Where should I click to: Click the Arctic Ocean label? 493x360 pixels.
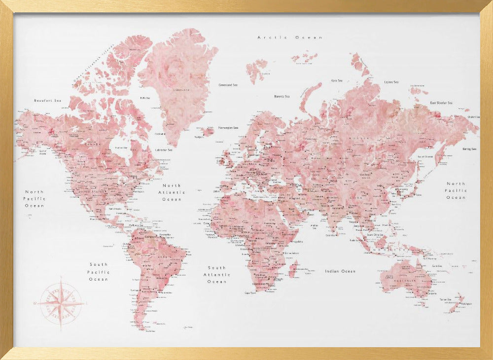click(x=290, y=37)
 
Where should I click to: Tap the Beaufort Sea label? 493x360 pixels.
click(x=47, y=101)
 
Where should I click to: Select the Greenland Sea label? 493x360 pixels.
click(x=228, y=85)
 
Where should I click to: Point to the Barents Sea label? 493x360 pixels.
click(x=282, y=96)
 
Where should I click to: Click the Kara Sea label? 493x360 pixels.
click(x=337, y=80)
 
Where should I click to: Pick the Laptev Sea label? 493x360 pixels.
click(x=391, y=82)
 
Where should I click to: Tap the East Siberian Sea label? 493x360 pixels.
click(x=441, y=103)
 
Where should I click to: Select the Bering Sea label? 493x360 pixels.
click(x=470, y=148)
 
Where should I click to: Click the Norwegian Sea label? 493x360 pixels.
click(x=228, y=127)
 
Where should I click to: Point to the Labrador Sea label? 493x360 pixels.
click(x=163, y=150)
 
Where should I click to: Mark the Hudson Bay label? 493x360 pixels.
click(x=121, y=147)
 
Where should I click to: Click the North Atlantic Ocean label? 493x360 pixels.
click(x=172, y=192)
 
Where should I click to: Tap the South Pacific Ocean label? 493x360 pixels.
click(x=99, y=272)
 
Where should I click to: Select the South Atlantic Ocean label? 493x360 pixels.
click(x=216, y=275)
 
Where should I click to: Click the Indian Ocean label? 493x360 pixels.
click(x=340, y=271)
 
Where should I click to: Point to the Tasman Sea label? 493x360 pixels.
click(x=446, y=299)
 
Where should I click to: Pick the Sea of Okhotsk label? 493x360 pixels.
click(x=425, y=156)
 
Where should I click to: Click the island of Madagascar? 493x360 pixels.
click(x=293, y=269)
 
